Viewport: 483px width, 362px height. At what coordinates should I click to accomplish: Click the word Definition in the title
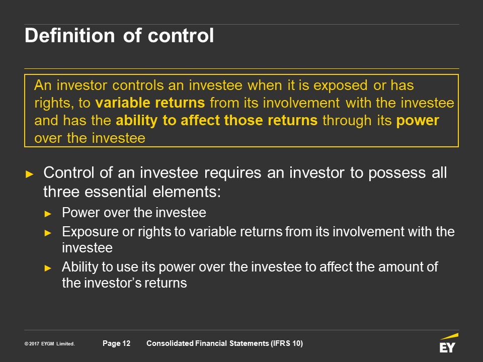tap(69, 35)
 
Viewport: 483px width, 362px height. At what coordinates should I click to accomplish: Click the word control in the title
tap(181, 35)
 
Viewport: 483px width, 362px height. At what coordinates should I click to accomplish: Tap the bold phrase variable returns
tap(150, 103)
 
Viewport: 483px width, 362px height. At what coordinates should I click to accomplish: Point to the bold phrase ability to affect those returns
tap(216, 120)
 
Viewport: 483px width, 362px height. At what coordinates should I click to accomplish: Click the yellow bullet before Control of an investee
tap(30, 174)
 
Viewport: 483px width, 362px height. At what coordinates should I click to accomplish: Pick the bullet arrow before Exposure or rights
tap(48, 233)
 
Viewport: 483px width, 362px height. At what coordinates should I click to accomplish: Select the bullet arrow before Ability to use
tap(48, 268)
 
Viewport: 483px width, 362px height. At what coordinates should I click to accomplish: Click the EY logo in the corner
tap(448, 342)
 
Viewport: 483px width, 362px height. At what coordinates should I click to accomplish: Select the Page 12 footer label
tap(116, 343)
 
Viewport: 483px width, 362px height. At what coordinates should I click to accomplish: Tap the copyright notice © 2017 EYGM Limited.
tap(50, 344)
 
